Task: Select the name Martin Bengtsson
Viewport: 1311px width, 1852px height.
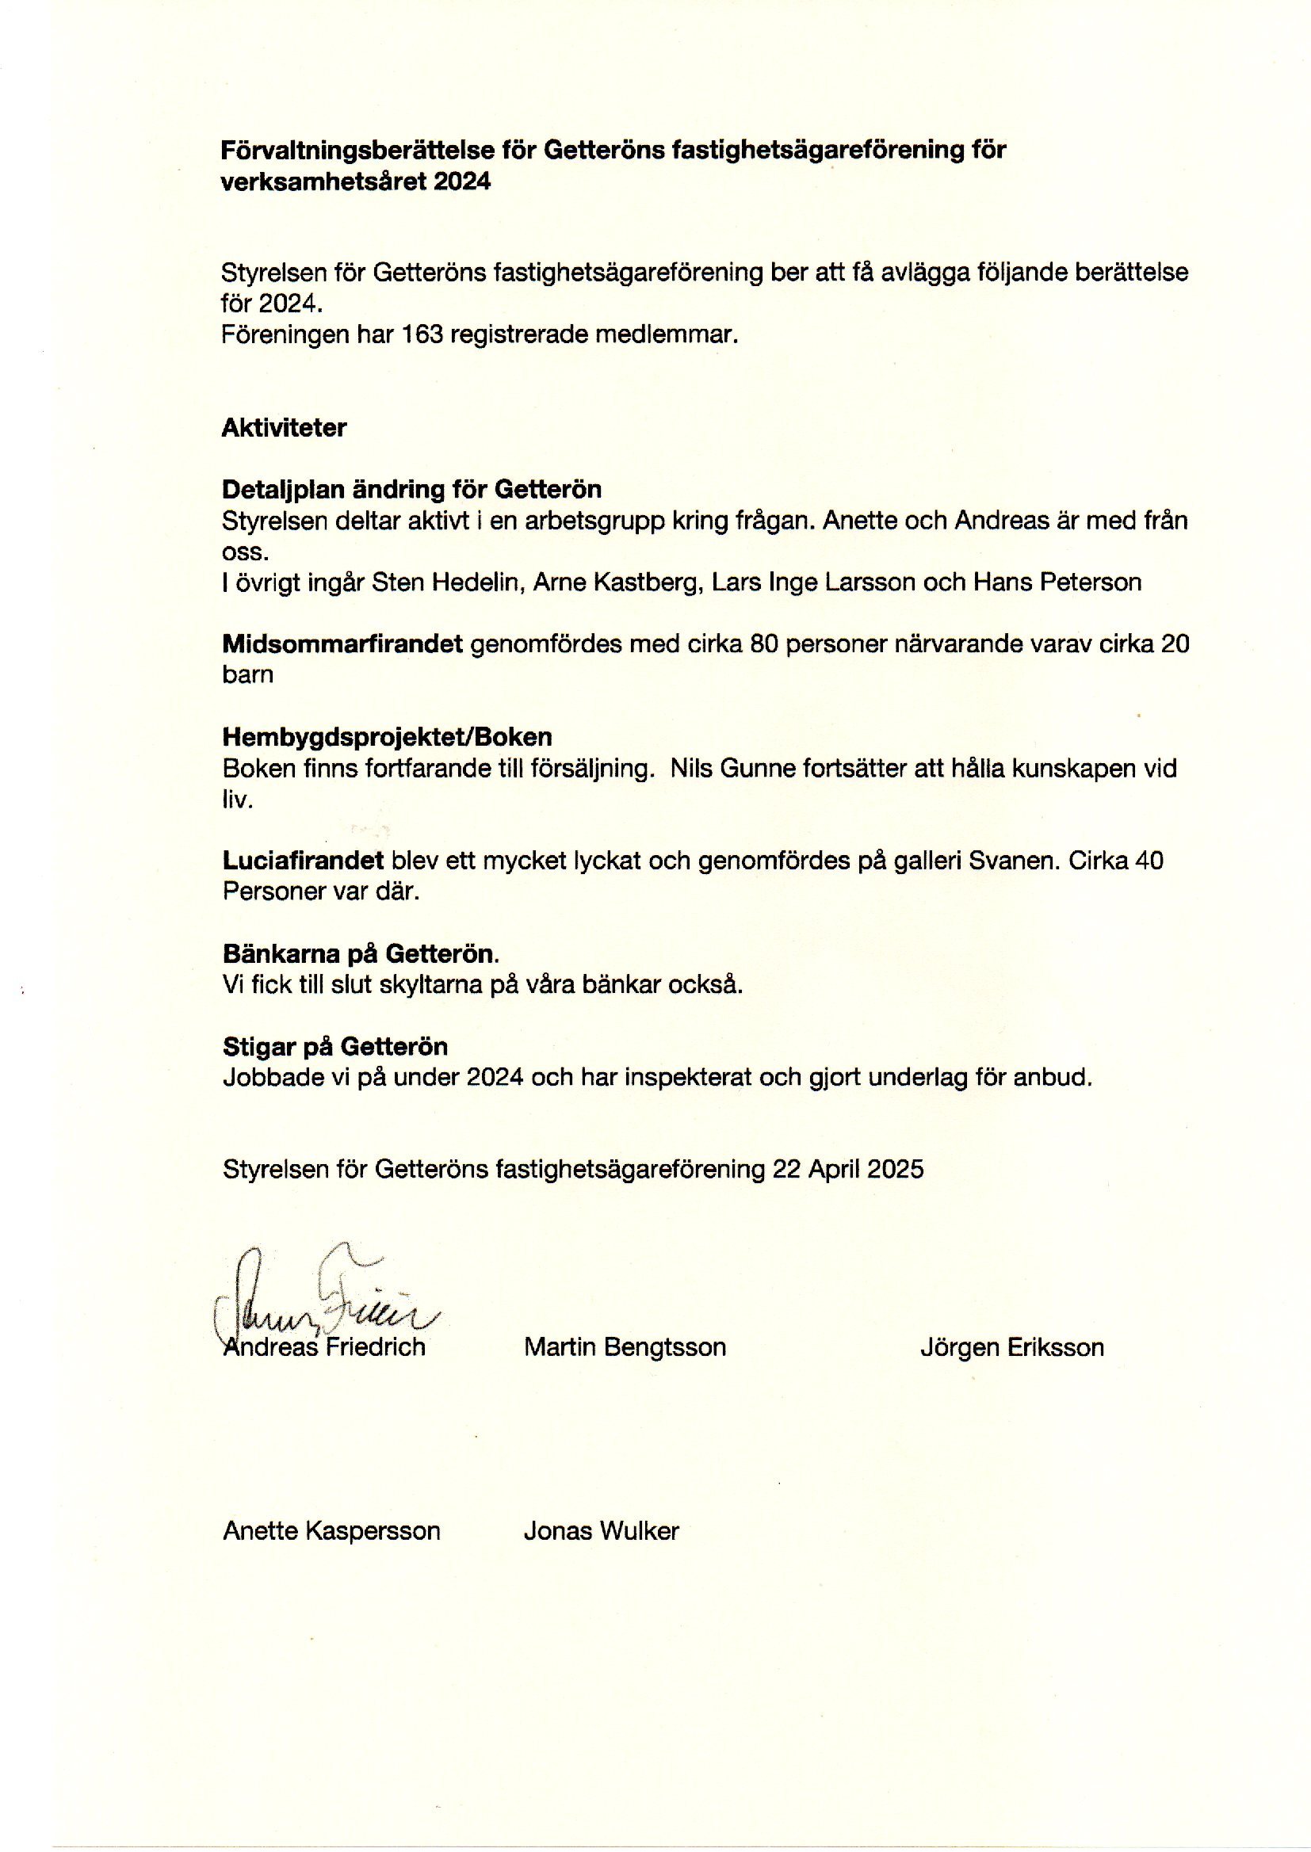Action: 625,1347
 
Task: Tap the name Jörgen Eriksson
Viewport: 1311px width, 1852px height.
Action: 1011,1347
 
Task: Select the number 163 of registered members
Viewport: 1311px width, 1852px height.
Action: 423,334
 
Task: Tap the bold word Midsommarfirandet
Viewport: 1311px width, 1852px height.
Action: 342,644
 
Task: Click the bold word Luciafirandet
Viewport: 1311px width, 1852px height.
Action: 303,861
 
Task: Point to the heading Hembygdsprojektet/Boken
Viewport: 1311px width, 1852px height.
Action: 388,737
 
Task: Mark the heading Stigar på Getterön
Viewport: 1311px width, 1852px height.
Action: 335,1047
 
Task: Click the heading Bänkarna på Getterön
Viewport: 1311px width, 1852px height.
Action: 361,954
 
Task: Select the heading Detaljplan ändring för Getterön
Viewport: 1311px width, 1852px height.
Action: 411,490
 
